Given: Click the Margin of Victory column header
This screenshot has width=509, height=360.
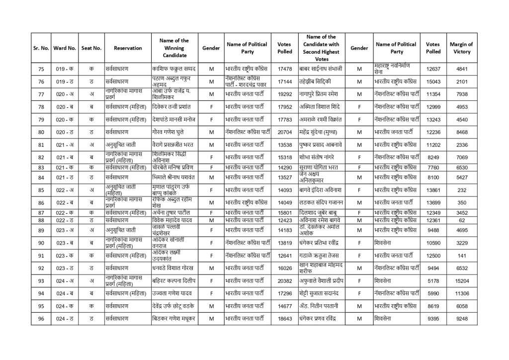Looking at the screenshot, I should click(462, 48).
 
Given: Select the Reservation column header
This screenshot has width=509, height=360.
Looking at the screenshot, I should click(128, 48).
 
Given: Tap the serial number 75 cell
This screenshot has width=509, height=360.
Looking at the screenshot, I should click(41, 69).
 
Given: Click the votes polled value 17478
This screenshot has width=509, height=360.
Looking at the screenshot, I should click(285, 69).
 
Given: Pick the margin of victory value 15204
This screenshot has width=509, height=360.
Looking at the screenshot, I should click(462, 280).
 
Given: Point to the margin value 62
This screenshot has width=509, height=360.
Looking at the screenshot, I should click(462, 220).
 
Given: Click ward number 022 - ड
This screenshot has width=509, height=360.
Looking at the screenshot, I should click(65, 220).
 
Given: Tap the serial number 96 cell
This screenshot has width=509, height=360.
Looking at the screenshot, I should click(41, 318).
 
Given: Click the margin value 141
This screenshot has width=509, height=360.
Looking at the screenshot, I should click(462, 256).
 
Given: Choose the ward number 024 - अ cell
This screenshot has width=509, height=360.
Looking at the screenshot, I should click(65, 280).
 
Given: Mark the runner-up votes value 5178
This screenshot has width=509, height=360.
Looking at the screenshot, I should click(433, 280).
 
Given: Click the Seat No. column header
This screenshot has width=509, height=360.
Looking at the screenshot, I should click(91, 48).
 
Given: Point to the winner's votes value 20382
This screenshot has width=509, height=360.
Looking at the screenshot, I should click(285, 280).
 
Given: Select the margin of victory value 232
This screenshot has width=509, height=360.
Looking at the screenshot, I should click(462, 190).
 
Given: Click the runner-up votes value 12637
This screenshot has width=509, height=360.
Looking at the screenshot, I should click(433, 69).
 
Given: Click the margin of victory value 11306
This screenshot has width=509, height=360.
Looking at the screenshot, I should click(462, 293).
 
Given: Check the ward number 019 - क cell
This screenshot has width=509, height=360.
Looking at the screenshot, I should click(65, 69).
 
